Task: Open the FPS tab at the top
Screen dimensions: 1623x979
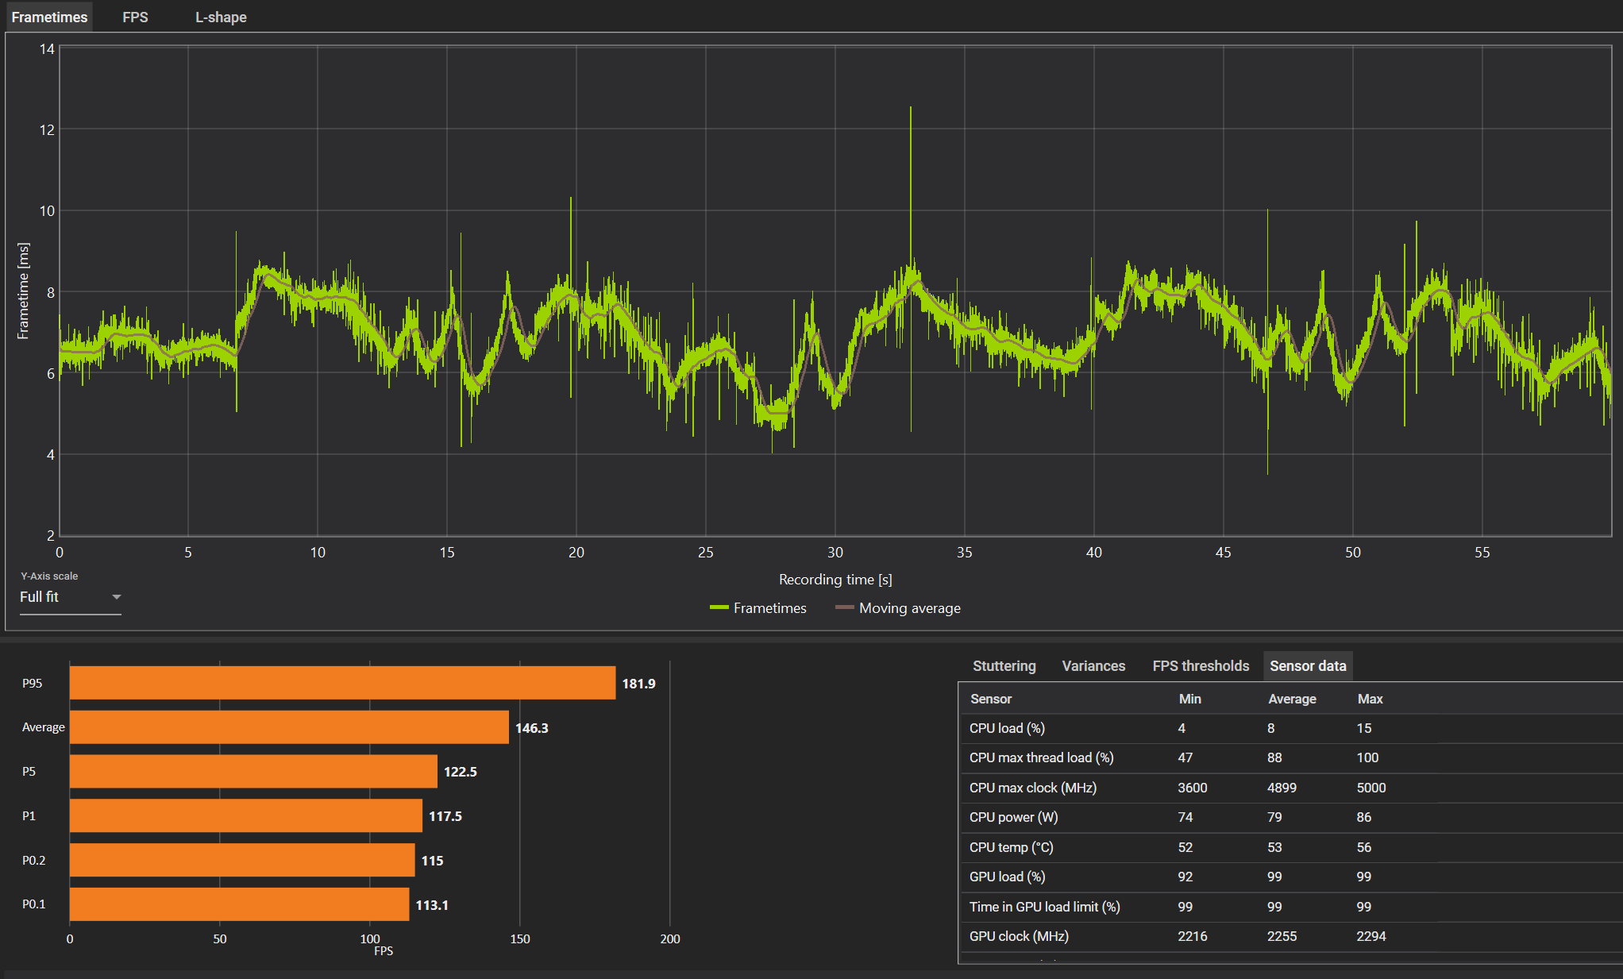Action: [x=135, y=17]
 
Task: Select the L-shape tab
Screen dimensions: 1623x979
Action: [x=221, y=17]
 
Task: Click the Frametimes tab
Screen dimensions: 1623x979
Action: [x=49, y=17]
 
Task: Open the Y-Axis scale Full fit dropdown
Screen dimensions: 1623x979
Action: [x=71, y=597]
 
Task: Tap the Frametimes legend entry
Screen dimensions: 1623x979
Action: [x=758, y=608]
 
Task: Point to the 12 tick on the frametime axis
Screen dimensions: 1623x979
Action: [x=47, y=129]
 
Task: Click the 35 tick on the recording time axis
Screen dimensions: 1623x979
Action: [x=964, y=553]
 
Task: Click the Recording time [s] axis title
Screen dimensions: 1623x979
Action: [x=835, y=580]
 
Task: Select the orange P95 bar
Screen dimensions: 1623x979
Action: [x=342, y=683]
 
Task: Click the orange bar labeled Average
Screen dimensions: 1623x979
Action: [x=289, y=727]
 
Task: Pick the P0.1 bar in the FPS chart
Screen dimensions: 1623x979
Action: [x=239, y=904]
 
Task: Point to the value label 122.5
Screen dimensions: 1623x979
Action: [x=461, y=772]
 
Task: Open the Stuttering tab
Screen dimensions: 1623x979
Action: [x=1004, y=666]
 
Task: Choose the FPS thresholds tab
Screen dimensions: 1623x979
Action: [x=1201, y=666]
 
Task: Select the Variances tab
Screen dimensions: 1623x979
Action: [x=1093, y=666]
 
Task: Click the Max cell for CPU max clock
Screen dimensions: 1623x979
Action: [x=1371, y=788]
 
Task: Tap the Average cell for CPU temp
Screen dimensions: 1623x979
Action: [x=1274, y=847]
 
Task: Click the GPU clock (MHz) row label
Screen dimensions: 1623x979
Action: [x=1019, y=936]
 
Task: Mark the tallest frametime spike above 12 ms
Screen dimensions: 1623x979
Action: [x=911, y=108]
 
